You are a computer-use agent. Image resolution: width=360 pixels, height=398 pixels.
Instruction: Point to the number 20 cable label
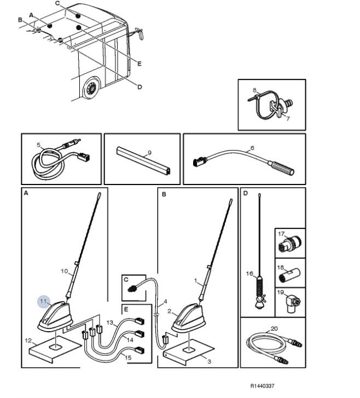click(x=274, y=328)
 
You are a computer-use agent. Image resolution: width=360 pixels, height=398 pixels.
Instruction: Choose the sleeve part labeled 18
click(x=290, y=272)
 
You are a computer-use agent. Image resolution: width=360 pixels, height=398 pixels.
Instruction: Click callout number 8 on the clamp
click(x=254, y=89)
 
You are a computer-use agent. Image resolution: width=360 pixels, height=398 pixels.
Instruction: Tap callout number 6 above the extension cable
click(x=252, y=148)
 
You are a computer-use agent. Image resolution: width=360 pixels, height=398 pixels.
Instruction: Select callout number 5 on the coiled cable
click(x=39, y=145)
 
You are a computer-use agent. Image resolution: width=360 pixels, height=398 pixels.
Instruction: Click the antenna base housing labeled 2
click(x=189, y=320)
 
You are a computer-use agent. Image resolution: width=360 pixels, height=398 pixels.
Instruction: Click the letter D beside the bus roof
click(x=139, y=86)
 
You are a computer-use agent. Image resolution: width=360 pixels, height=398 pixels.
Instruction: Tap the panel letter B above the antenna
click(x=164, y=194)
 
